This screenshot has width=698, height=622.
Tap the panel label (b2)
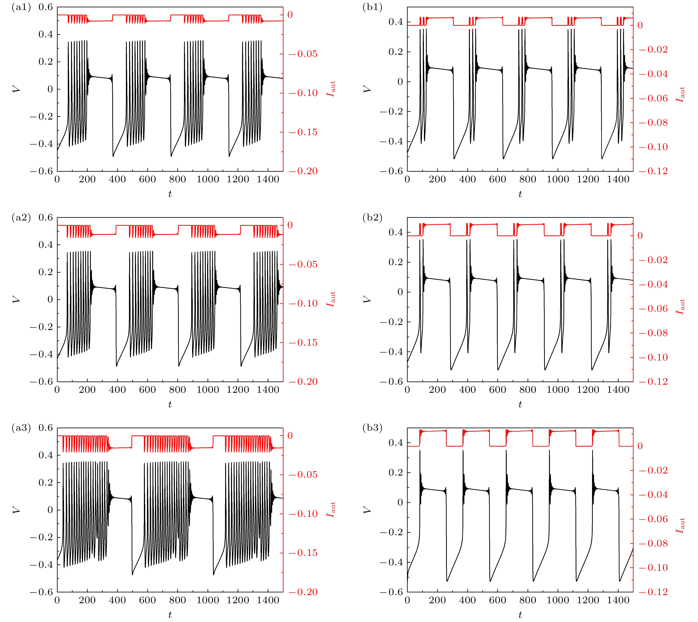pos(372,218)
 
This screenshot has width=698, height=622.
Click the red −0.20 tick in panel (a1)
pos(303,171)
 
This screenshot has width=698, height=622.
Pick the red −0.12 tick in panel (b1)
pos(653,171)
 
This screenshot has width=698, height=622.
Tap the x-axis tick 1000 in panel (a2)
pos(208,390)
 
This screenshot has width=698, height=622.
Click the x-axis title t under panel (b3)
pos(520,615)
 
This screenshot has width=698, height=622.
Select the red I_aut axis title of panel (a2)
pos(331,299)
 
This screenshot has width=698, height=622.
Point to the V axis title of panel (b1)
pos(367,89)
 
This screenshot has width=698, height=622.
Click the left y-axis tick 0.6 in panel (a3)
pos(45,428)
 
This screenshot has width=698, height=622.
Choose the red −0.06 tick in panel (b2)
pos(653,309)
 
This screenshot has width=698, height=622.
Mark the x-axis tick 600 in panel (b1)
pos(497,179)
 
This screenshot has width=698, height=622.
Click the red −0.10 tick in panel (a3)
pos(303,514)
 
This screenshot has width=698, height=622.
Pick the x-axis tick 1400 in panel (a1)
pos(268,179)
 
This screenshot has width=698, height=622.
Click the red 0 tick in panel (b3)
pos(640,446)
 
